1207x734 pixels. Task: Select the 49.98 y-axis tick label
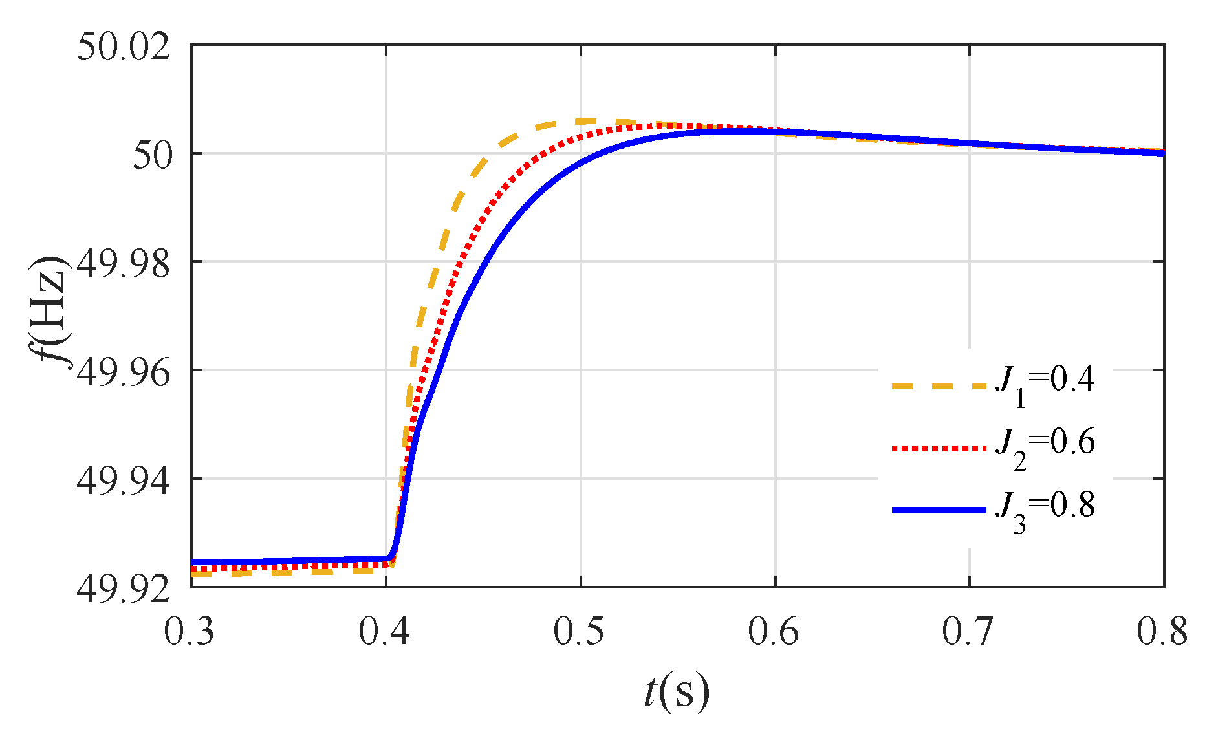124,264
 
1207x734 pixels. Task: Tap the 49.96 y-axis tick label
124,372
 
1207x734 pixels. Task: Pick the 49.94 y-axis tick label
124,481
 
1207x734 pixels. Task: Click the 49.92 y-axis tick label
124,589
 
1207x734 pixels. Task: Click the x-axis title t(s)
677,692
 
